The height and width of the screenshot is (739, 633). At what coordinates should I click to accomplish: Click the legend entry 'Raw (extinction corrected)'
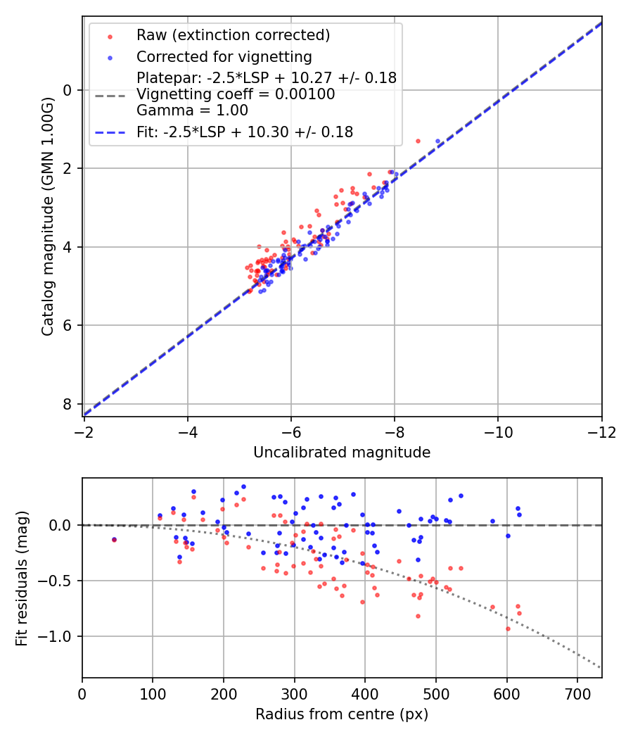point(233,35)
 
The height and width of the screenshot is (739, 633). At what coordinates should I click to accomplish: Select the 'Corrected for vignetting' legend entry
point(224,56)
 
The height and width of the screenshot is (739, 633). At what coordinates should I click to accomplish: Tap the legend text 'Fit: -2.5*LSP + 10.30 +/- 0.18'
point(244,132)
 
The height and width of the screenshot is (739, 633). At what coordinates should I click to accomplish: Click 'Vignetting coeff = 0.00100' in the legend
point(236,94)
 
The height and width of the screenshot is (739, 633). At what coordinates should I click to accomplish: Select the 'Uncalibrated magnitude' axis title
point(342,453)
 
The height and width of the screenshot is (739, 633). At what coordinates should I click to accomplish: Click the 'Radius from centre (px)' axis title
point(342,714)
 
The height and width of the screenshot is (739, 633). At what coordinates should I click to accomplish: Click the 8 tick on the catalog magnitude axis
point(68,404)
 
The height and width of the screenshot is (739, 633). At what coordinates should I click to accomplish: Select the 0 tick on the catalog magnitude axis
point(68,90)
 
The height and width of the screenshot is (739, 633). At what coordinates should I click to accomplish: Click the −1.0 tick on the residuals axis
point(59,636)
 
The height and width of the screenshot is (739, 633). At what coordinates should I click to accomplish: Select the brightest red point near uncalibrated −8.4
point(418,141)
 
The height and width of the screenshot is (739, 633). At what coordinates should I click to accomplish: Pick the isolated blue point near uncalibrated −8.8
point(437,141)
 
